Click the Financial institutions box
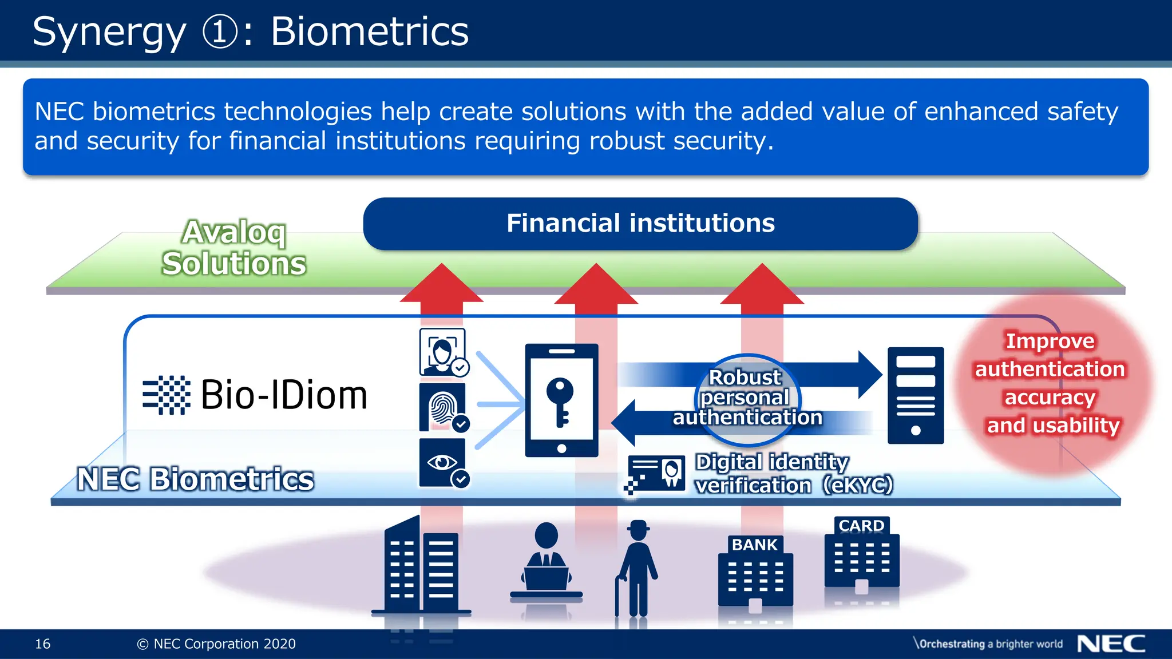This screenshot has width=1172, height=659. [640, 224]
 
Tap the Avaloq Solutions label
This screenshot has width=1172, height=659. [233, 248]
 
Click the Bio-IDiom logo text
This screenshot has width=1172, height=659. [283, 395]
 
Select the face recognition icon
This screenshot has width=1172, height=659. [442, 351]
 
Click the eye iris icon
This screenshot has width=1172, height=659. [442, 462]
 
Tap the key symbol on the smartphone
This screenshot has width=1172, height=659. [560, 400]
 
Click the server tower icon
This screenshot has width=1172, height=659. [915, 395]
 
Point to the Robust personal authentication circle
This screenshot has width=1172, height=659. [747, 399]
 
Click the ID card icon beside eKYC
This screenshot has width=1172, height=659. [656, 473]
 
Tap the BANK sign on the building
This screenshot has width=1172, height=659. [754, 545]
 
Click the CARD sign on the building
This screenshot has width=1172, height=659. [861, 525]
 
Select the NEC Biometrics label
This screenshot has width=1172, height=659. [195, 479]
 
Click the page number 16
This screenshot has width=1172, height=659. [43, 644]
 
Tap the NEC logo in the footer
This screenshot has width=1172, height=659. [1111, 644]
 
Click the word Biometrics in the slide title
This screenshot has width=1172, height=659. [369, 31]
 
